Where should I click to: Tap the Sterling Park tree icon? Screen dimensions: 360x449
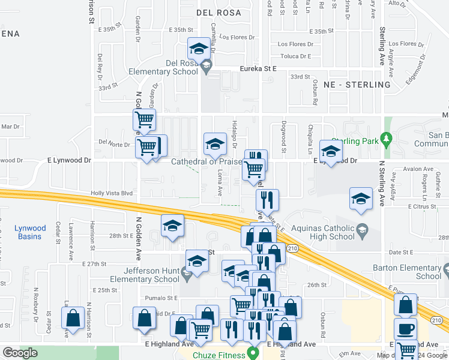pyautogui.click(x=387, y=141)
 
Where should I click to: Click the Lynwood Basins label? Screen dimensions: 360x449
pyautogui.click(x=30, y=232)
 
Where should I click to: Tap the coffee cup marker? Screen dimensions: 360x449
pyautogui.click(x=406, y=329)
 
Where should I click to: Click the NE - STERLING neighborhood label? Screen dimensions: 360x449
pyautogui.click(x=357, y=85)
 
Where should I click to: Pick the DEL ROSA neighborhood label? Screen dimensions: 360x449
pyautogui.click(x=218, y=12)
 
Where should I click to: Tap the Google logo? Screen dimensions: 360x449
pyautogui.click(x=20, y=353)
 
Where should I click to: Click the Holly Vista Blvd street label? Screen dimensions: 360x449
pyautogui.click(x=111, y=193)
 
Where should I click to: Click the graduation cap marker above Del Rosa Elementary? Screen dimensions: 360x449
pyautogui.click(x=199, y=47)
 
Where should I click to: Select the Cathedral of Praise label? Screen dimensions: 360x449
pyautogui.click(x=206, y=161)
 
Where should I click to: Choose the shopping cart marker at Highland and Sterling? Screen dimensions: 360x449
pyautogui.click(x=407, y=348)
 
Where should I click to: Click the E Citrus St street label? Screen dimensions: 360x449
pyautogui.click(x=424, y=206)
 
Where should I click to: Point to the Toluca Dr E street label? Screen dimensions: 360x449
pyautogui.click(x=294, y=56)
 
